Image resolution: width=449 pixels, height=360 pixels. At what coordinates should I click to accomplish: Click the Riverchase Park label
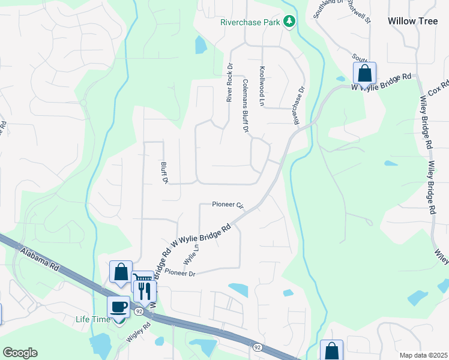pyautogui.click(x=251, y=23)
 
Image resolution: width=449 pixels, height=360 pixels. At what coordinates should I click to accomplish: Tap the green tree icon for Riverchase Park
pyautogui.click(x=290, y=22)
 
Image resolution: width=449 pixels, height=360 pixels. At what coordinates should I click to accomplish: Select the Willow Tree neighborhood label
pyautogui.click(x=413, y=20)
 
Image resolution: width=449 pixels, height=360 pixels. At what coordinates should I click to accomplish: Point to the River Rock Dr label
pyautogui.click(x=229, y=82)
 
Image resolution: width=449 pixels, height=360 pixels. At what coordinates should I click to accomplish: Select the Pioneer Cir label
pyautogui.click(x=228, y=205)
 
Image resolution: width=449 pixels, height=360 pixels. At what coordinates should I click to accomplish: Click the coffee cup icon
pyautogui.click(x=118, y=307)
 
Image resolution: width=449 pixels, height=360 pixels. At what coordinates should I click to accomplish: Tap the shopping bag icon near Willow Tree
pyautogui.click(x=364, y=73)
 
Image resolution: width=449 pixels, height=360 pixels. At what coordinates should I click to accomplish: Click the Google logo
pyautogui.click(x=20, y=353)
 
